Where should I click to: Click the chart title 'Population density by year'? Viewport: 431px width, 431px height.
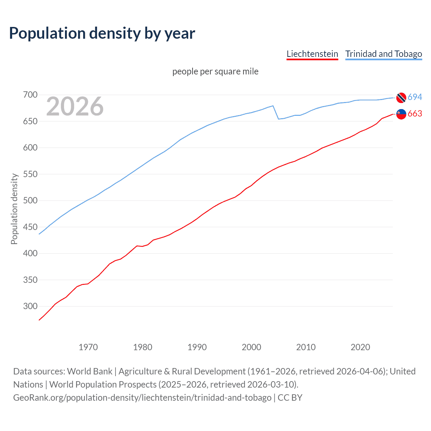tap(102, 33)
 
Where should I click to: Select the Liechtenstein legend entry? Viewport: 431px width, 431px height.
tap(312, 54)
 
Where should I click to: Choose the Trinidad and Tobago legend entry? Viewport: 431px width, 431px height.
tap(384, 54)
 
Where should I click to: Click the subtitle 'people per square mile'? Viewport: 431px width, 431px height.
tap(215, 71)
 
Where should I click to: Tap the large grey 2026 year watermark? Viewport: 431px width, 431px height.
tap(75, 106)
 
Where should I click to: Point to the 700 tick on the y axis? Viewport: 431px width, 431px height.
tap(30, 95)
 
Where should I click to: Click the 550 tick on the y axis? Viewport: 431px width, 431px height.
tap(30, 174)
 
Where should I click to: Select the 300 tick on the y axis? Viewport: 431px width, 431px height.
tap(30, 306)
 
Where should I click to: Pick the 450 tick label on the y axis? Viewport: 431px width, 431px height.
tap(30, 227)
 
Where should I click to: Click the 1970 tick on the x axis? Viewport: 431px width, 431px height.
tap(88, 347)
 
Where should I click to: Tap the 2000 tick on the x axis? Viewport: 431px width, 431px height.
tap(251, 347)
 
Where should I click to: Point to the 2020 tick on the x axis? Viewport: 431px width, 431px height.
tap(360, 347)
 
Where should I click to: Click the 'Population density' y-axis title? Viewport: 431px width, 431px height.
tap(14, 209)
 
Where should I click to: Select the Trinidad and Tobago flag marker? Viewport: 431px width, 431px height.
tap(401, 97)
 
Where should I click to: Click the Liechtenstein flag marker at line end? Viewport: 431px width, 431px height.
tap(401, 114)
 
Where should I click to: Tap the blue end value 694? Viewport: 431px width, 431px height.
tap(415, 97)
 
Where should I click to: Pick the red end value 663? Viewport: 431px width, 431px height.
tap(415, 114)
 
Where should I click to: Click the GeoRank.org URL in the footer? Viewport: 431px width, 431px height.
tap(142, 398)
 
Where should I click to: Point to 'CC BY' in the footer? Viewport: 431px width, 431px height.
tap(290, 398)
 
